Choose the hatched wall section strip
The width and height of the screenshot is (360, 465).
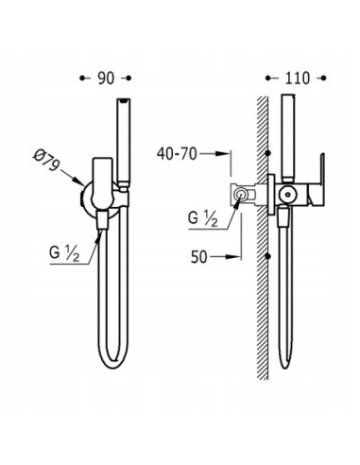261,284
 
